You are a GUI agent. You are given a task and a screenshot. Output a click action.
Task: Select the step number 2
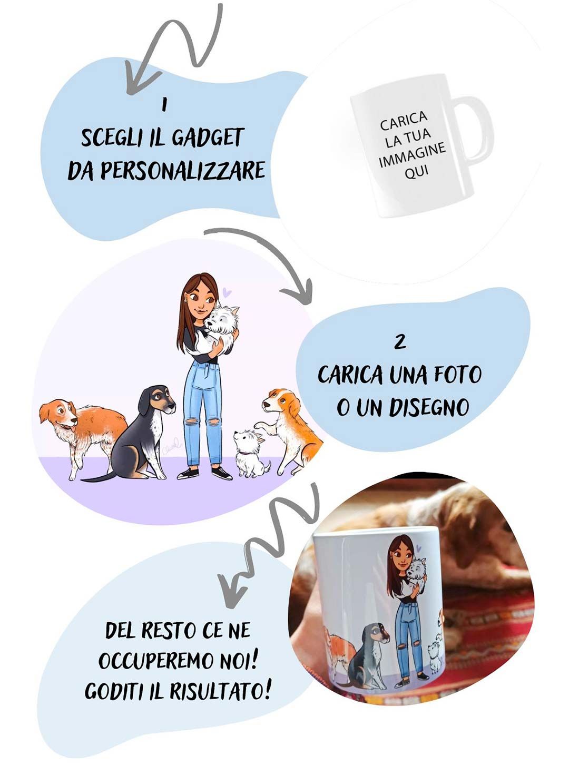pyautogui.click(x=400, y=343)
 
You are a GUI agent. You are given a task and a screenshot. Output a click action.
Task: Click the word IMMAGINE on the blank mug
pyautogui.click(x=413, y=156)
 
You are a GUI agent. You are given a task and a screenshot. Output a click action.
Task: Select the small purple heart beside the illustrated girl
pyautogui.click(x=227, y=292)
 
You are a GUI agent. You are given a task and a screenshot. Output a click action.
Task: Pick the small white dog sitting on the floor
pyautogui.click(x=250, y=453)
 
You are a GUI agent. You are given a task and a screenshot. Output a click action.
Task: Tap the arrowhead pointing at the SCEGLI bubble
pyautogui.click(x=140, y=83)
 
